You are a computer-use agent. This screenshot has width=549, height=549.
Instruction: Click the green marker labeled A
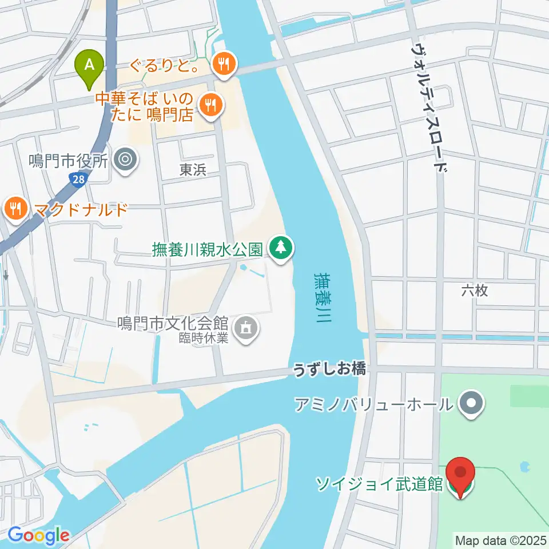click(x=89, y=65)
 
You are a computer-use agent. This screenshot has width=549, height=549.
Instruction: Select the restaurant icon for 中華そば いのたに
click(x=211, y=105)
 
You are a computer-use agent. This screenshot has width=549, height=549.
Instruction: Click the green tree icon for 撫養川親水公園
click(x=280, y=248)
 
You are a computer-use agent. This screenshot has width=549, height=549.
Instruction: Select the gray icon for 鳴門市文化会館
click(x=246, y=328)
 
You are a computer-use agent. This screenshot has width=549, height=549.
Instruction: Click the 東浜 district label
click(x=192, y=170)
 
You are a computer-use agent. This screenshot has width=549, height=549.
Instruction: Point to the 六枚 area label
click(x=474, y=291)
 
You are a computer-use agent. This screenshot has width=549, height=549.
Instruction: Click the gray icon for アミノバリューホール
click(x=471, y=404)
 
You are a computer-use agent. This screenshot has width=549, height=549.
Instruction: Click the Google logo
click(x=38, y=535)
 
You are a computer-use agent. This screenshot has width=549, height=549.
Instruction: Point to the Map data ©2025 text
click(x=501, y=539)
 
